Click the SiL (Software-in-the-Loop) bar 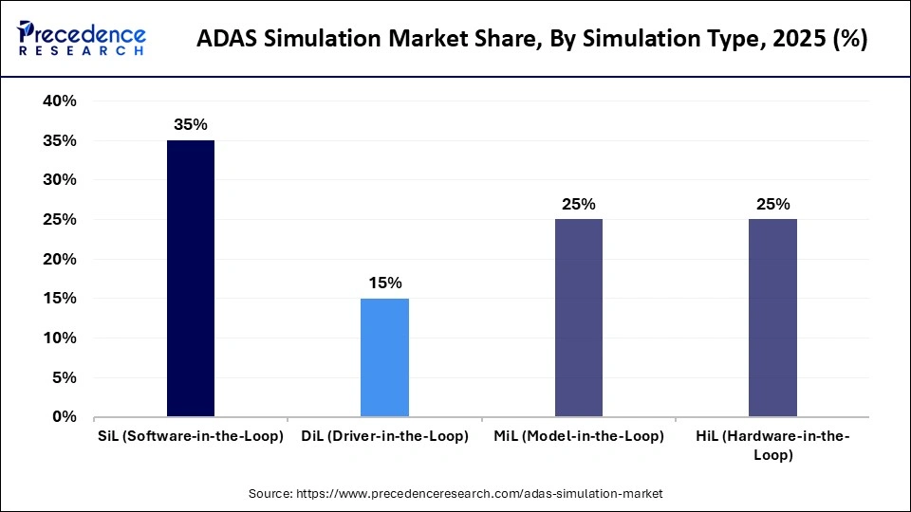[x=190, y=279]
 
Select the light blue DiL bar [x=384, y=357]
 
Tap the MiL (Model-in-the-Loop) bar [x=578, y=318]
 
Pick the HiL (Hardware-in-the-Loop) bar [x=772, y=318]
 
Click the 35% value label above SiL [x=190, y=124]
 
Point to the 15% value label [x=384, y=283]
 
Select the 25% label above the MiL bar [x=578, y=204]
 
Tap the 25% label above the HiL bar [x=772, y=204]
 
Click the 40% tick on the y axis [x=59, y=101]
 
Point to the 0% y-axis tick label [x=65, y=416]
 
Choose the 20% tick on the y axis [x=59, y=259]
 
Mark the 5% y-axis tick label [x=65, y=377]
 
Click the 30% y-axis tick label [x=59, y=180]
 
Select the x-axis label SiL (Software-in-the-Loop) [x=190, y=436]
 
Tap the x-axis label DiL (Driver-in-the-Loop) [x=384, y=436]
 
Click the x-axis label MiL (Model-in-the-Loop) [x=578, y=436]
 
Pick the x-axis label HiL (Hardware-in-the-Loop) [x=772, y=445]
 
